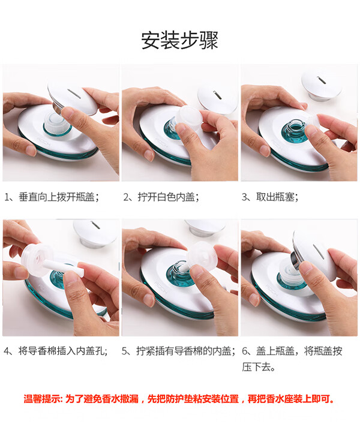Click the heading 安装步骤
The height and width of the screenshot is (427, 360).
pyautogui.click(x=179, y=41)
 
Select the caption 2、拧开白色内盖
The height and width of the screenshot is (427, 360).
pyautogui.click(x=161, y=197)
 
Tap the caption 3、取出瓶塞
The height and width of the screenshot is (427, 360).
pyautogui.click(x=270, y=197)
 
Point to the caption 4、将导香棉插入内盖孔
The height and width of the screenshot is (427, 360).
pyautogui.click(x=56, y=351)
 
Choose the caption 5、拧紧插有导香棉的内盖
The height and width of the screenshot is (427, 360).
pyautogui.click(x=179, y=351)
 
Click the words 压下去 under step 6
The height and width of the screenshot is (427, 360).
pyautogui.click(x=256, y=367)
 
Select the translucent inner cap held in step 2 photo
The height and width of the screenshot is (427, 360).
pyautogui.click(x=188, y=116)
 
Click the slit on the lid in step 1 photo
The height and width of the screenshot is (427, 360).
pyautogui.click(x=74, y=94)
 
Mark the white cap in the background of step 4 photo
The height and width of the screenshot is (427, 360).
pyautogui.click(x=95, y=233)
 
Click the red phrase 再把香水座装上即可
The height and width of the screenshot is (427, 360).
pyautogui.click(x=290, y=399)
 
